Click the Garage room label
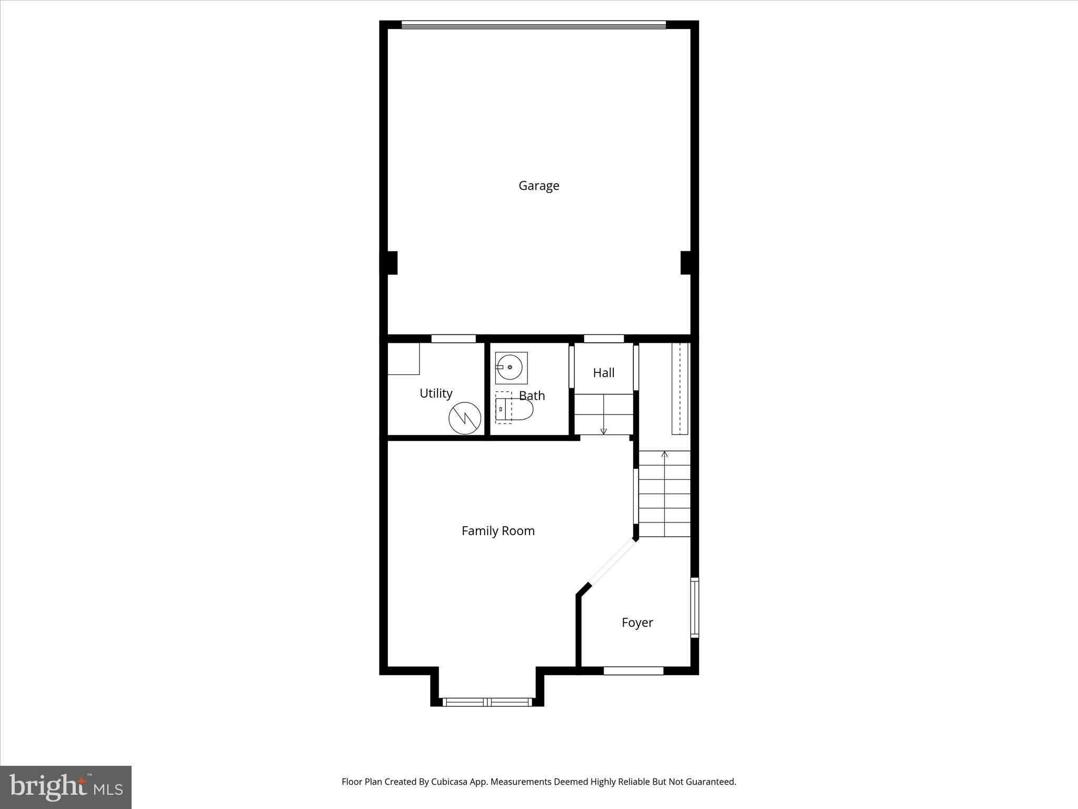click(x=538, y=185)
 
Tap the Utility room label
click(x=436, y=393)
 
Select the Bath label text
click(x=532, y=396)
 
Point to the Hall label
click(x=603, y=372)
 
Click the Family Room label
click(x=498, y=530)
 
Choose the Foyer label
click(x=637, y=622)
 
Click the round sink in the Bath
click(x=510, y=367)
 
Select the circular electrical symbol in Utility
click(x=465, y=418)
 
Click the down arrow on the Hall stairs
click(x=603, y=431)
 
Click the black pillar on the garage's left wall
click(x=390, y=262)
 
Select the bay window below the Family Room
click(x=487, y=702)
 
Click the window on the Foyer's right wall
click(x=694, y=607)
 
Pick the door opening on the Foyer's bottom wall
click(x=633, y=670)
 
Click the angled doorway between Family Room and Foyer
click(x=613, y=563)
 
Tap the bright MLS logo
click(x=66, y=787)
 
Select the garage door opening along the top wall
click(x=533, y=24)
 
